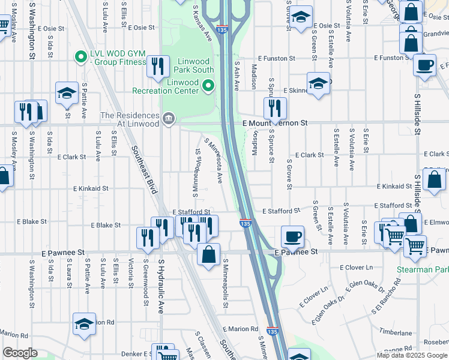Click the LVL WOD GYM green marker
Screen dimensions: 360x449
tap(79, 58)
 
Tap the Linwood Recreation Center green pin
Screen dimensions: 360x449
tap(208, 86)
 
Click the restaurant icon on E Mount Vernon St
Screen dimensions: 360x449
tap(275, 109)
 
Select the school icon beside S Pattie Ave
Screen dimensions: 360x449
tap(67, 92)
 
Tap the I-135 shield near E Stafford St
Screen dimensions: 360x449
tap(246, 224)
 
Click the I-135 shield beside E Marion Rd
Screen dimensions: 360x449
tap(272, 331)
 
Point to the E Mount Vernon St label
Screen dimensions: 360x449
tap(275, 123)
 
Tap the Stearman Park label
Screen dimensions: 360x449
tap(422, 270)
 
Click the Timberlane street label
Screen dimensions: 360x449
tap(394, 332)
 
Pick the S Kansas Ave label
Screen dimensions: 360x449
tap(203, 23)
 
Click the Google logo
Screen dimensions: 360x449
tap(20, 353)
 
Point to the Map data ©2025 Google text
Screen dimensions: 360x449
tap(411, 355)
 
